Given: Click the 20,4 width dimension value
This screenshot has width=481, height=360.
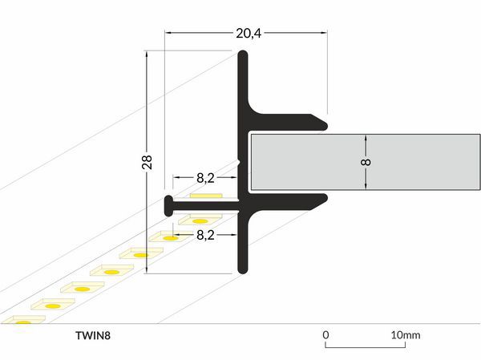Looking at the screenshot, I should point(248,33).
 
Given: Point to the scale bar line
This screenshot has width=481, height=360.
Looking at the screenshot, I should point(365,347).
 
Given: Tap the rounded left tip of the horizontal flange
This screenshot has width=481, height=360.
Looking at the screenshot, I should point(168,204).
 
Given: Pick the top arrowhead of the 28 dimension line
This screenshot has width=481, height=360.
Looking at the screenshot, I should point(147,55).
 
